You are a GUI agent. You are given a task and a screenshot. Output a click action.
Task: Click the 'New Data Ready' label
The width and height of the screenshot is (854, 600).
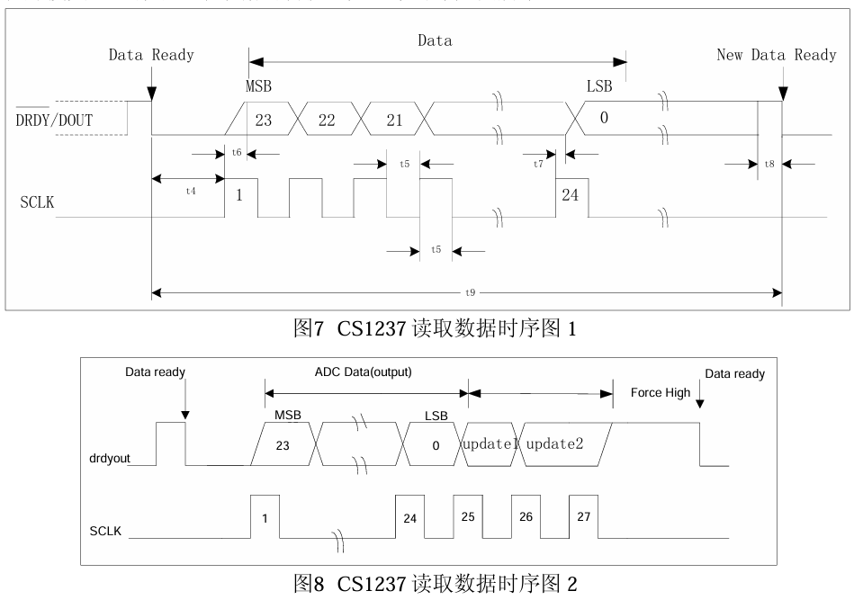pyautogui.click(x=776, y=55)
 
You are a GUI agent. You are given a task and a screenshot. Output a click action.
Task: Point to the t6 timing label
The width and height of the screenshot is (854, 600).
pyautogui.click(x=237, y=153)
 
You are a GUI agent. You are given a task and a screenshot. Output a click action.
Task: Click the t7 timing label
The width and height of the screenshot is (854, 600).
pyautogui.click(x=538, y=163)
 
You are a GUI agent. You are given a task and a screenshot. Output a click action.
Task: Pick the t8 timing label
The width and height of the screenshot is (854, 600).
pyautogui.click(x=769, y=164)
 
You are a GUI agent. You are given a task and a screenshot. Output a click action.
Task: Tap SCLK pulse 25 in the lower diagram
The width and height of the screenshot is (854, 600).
pyautogui.click(x=466, y=518)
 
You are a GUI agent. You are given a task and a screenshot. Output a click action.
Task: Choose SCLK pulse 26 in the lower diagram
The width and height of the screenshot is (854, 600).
pyautogui.click(x=524, y=518)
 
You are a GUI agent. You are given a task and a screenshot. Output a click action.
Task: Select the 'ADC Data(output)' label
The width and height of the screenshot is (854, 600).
pyautogui.click(x=364, y=372)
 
